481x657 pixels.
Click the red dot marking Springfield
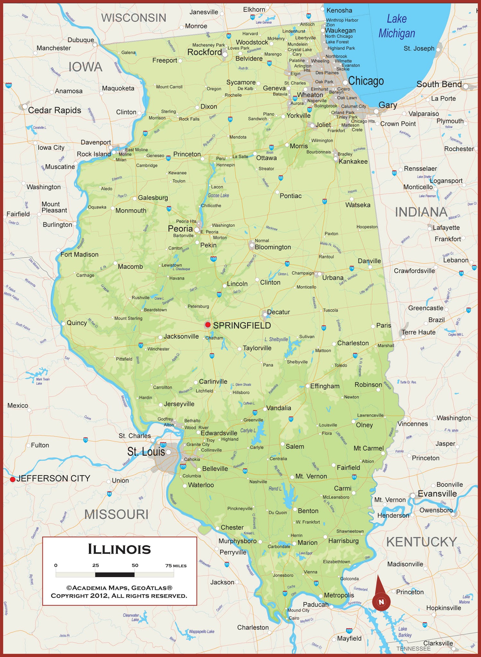[x=208, y=325]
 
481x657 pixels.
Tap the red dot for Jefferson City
[x=13, y=479]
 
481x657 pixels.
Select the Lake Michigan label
[x=397, y=26]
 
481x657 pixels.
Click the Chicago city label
[x=366, y=81]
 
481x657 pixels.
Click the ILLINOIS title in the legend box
[x=119, y=549]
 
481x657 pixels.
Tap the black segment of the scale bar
[x=115, y=575]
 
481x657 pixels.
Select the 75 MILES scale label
[x=176, y=566]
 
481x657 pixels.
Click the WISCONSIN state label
[x=134, y=18]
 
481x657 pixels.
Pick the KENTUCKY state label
[x=421, y=542]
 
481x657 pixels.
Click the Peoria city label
[x=180, y=228]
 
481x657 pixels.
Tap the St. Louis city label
[x=146, y=452]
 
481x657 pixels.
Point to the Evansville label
[x=437, y=493]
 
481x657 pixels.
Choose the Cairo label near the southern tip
[x=294, y=618]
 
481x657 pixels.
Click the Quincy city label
[x=77, y=323]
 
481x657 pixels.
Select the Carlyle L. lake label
[x=248, y=431]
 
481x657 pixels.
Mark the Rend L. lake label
[x=275, y=489]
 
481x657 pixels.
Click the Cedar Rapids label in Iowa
[x=55, y=110]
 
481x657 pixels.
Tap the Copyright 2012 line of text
[x=119, y=596]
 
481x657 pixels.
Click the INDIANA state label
[x=421, y=212]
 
